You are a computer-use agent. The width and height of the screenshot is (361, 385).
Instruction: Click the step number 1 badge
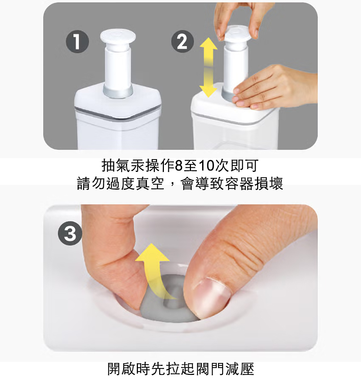pyautogui.click(x=77, y=42)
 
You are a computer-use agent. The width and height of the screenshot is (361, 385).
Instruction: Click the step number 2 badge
pyautogui.click(x=183, y=41)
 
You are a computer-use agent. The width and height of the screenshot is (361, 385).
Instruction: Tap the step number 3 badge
pyautogui.click(x=70, y=234)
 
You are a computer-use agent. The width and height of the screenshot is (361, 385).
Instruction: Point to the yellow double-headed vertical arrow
pyautogui.click(x=208, y=67)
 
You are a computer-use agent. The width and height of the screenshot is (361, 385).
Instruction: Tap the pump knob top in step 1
pyautogui.click(x=118, y=38)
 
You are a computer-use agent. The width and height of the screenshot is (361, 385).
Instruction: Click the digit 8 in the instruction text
pyautogui.click(x=179, y=166)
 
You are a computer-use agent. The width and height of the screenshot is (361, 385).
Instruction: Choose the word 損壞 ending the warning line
pyautogui.click(x=269, y=183)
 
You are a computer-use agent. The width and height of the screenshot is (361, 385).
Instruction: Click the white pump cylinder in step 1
pyautogui.click(x=118, y=66)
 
